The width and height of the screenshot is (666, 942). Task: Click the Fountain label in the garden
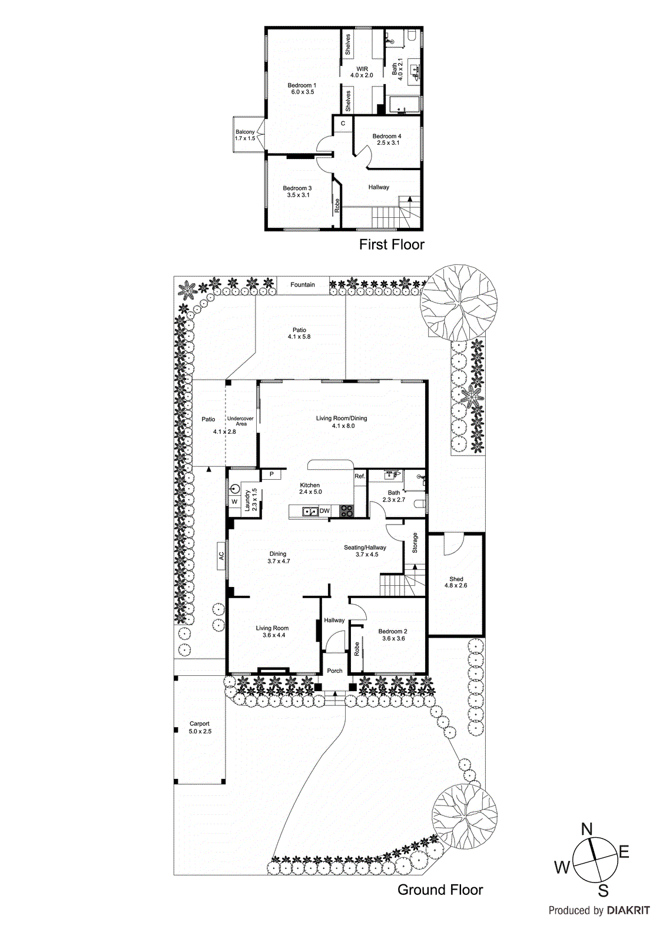coord(303,285)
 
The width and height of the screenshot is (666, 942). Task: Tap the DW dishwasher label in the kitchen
coord(324,511)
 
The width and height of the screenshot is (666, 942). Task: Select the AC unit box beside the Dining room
coord(221,555)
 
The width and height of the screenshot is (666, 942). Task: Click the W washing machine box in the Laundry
coord(234,502)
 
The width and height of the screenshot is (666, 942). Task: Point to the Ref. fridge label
coord(360,476)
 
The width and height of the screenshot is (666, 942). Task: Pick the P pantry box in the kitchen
coord(271,474)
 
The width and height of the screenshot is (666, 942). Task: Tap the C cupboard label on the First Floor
coord(343,124)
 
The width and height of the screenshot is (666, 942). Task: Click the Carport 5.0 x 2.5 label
coord(200,728)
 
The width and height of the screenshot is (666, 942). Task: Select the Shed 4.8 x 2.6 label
coord(456,582)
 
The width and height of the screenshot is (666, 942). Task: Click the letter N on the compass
coord(587,830)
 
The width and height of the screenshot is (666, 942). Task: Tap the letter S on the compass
coord(603,890)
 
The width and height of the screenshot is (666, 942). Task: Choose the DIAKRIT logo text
coord(628,911)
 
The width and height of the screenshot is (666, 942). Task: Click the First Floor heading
coord(392,244)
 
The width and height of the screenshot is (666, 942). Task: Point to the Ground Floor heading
coord(440,890)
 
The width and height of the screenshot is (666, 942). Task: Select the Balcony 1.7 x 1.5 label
coord(245,135)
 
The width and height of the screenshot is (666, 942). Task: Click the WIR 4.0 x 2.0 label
coord(362,72)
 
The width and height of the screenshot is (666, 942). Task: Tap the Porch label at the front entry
coord(334,671)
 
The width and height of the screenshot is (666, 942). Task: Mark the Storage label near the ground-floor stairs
coord(415,543)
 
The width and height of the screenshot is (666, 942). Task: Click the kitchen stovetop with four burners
coord(347,511)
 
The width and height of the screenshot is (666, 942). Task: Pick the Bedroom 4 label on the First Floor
coord(387,140)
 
